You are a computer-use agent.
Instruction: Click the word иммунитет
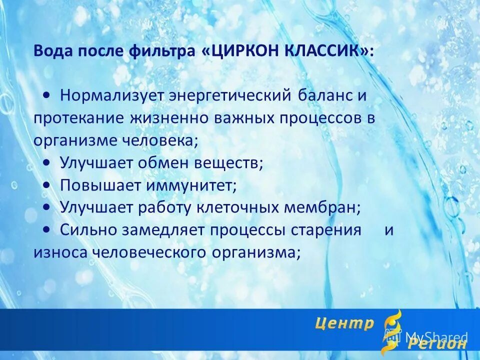click(x=190, y=184)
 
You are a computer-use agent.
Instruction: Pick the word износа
click(x=59, y=252)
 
